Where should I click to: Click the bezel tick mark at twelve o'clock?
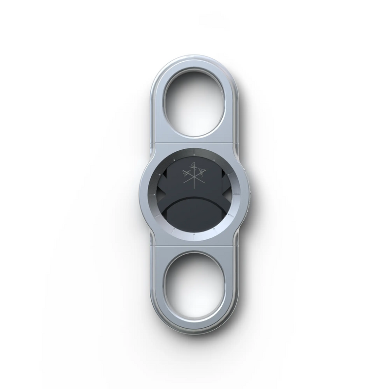point(194,150)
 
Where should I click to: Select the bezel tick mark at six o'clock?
point(194,238)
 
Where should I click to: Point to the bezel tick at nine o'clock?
point(150,194)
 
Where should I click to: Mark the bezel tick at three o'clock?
point(238,194)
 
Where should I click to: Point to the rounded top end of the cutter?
point(194,60)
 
